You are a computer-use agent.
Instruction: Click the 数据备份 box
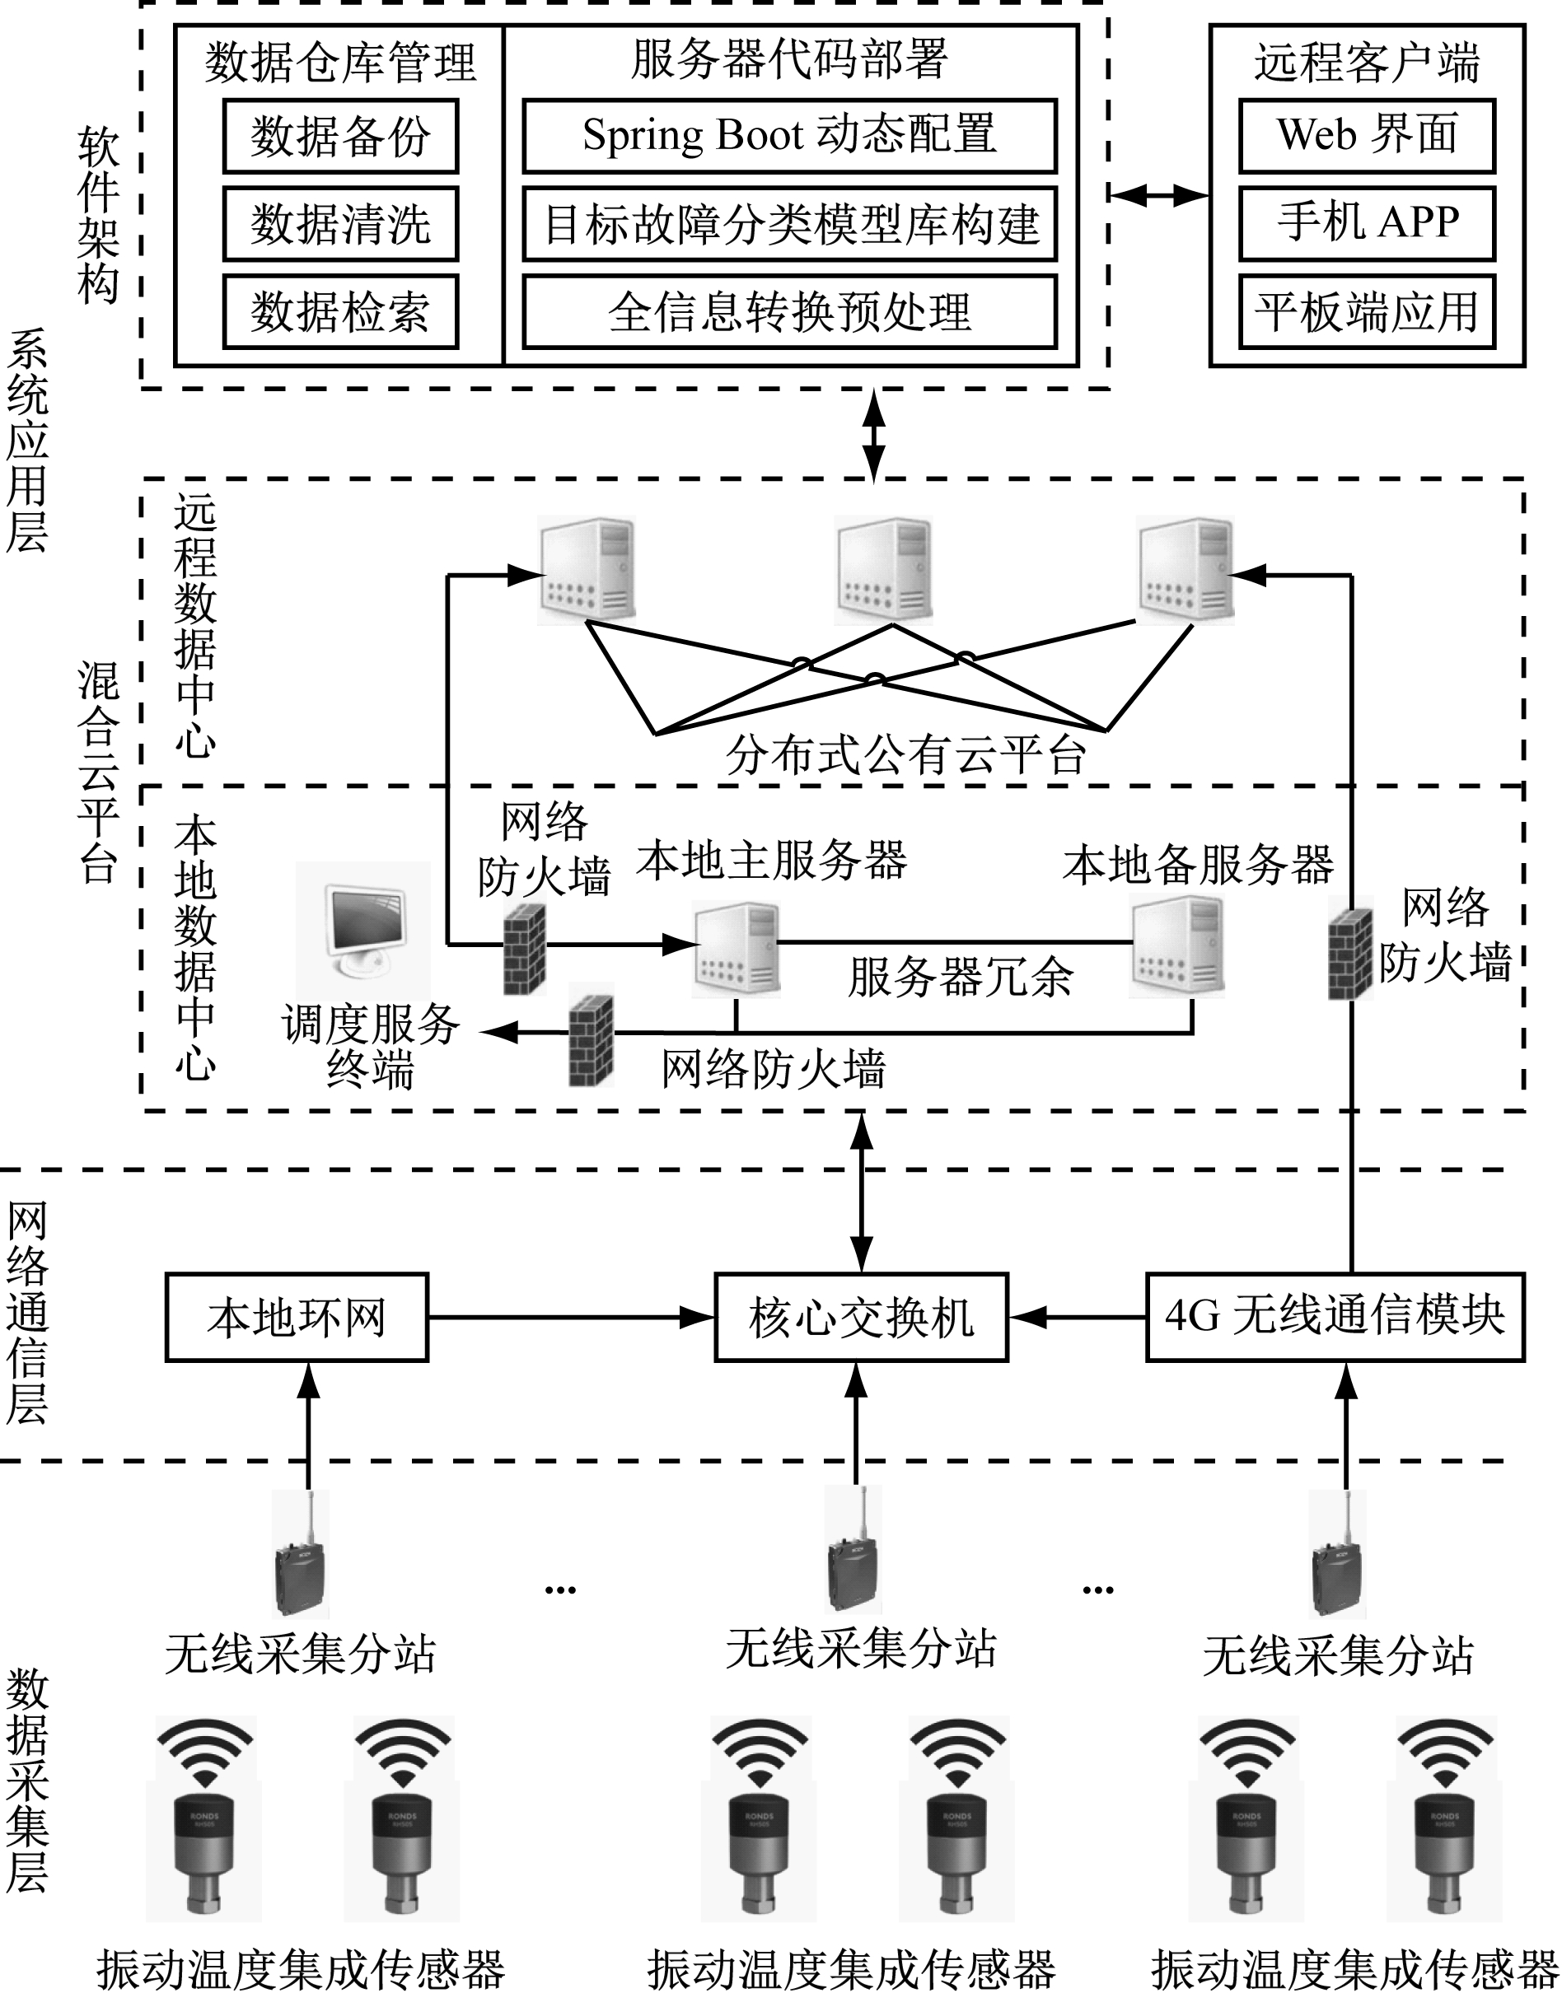pos(340,136)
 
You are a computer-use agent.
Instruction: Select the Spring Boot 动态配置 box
pos(789,136)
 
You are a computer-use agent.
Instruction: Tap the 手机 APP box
pos(1366,223)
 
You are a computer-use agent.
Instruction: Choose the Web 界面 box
pos(1366,136)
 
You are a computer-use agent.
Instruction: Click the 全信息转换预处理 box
pos(789,312)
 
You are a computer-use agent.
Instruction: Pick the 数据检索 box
pos(340,312)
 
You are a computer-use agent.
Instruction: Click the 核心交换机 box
pos(861,1318)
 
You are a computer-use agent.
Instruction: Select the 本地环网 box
pos(297,1318)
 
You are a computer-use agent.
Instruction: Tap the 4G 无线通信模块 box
pos(1335,1317)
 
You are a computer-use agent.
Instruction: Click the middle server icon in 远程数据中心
pos(883,571)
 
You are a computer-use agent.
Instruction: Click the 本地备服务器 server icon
pos(1178,946)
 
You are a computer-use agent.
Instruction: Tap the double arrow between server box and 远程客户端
pos(1158,194)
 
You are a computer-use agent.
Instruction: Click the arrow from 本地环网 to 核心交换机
pos(571,1318)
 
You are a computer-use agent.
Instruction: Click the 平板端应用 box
pos(1366,312)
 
